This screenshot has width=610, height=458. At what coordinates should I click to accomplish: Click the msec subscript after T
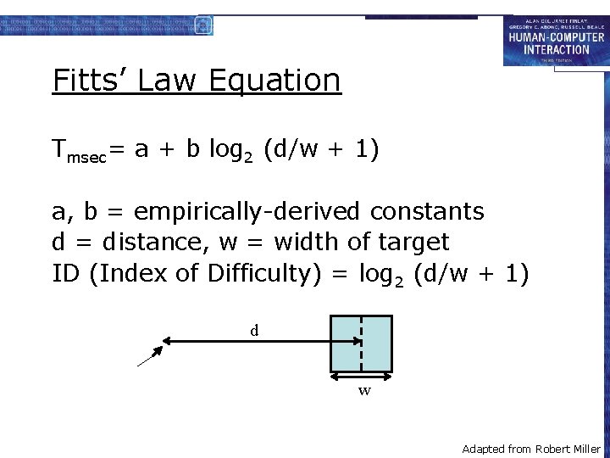pyautogui.click(x=86, y=157)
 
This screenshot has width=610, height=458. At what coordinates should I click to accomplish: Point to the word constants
pyautogui.click(x=430, y=210)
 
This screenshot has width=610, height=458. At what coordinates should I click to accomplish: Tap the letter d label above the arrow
pyautogui.click(x=254, y=330)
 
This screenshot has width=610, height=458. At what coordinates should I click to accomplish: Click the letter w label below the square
pyautogui.click(x=364, y=391)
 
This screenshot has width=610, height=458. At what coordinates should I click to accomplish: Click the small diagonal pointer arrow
pyautogui.click(x=150, y=356)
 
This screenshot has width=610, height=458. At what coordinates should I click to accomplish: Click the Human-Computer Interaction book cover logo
pyautogui.click(x=555, y=40)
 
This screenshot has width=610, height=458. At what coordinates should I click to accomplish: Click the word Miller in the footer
pyautogui.click(x=586, y=449)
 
